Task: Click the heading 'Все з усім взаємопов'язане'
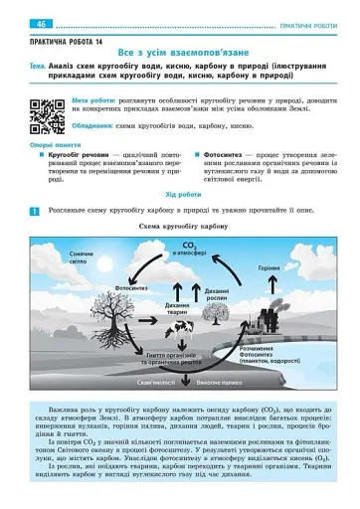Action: [180, 49]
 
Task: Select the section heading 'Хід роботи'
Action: [180, 196]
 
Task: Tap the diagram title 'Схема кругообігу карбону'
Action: [179, 228]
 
